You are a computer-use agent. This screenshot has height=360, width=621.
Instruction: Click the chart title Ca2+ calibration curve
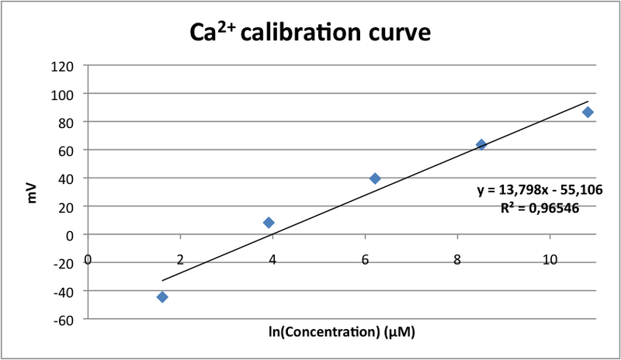coord(310,33)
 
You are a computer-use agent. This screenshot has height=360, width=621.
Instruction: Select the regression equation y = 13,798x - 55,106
coord(540,189)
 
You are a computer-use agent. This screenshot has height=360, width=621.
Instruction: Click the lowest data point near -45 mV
coord(162,297)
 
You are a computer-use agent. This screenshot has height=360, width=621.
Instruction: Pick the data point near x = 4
coord(269,223)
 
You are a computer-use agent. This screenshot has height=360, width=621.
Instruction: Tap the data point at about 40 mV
coord(375,178)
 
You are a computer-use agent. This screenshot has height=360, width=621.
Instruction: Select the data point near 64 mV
coord(481,144)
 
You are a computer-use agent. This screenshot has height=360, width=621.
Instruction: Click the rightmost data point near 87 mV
coord(588,112)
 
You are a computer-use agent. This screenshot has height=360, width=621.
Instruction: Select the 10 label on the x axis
coord(550,259)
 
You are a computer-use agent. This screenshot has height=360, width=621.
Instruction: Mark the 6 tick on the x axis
coord(366,259)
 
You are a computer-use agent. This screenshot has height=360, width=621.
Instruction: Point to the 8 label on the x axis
coord(458,259)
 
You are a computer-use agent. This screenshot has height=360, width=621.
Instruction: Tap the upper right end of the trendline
coord(588,102)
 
